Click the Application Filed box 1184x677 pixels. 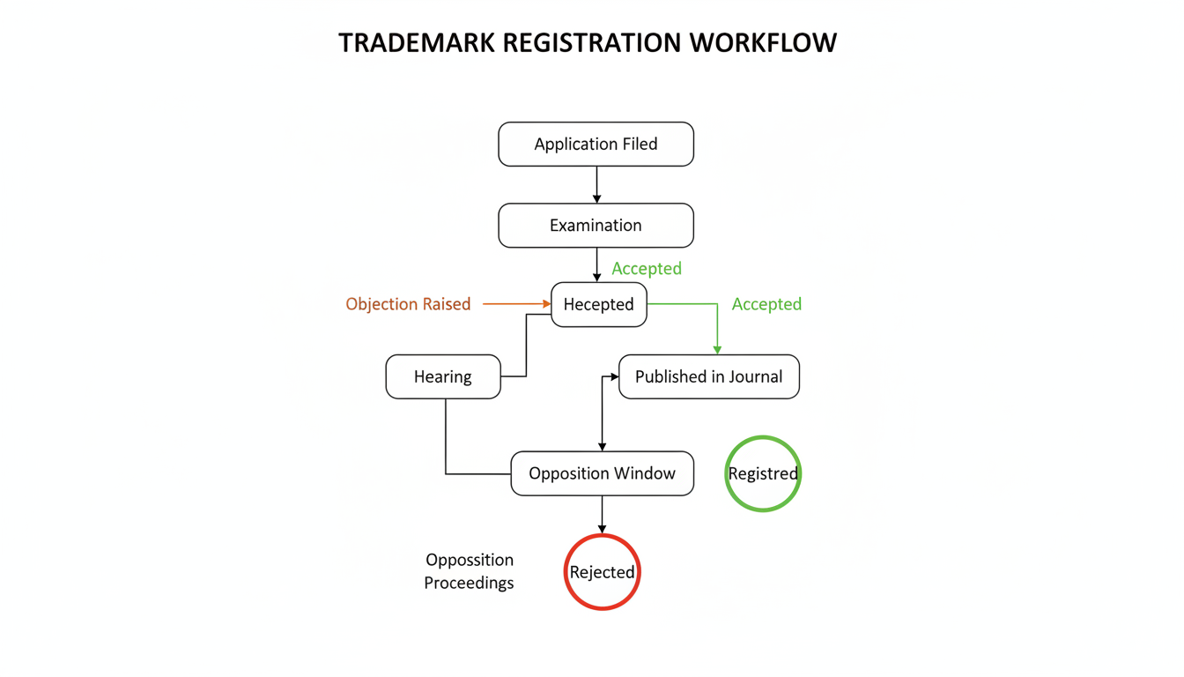(x=596, y=145)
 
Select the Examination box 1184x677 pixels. (x=596, y=226)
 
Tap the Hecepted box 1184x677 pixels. (x=599, y=305)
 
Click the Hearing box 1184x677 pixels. (x=443, y=377)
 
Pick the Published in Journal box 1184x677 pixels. (x=708, y=377)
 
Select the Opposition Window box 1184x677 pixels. (x=602, y=474)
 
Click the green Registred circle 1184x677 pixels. (x=763, y=474)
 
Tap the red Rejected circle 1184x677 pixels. (x=602, y=573)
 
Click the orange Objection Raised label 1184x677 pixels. (x=408, y=304)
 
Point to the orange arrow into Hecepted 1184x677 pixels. (x=516, y=304)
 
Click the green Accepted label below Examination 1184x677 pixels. (x=647, y=269)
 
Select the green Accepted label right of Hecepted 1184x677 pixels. (x=766, y=304)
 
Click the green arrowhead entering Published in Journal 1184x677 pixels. (x=717, y=350)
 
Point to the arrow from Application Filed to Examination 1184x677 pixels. (x=596, y=185)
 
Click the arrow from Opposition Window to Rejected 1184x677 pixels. (x=602, y=515)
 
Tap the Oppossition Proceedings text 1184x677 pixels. (x=469, y=571)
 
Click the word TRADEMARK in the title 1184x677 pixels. (x=418, y=43)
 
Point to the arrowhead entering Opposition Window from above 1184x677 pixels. (x=602, y=447)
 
